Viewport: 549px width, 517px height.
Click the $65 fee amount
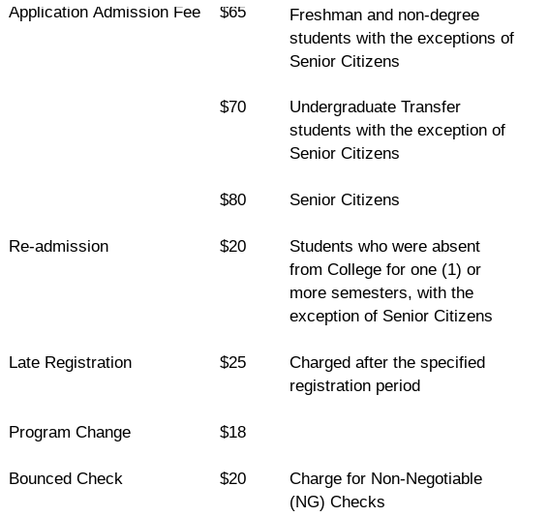(232, 13)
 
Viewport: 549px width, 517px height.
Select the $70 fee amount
(232, 107)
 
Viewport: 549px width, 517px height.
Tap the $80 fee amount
(232, 200)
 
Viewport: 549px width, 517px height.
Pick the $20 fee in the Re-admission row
(232, 247)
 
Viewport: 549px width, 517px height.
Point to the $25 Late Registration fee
(232, 363)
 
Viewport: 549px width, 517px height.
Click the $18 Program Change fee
(232, 433)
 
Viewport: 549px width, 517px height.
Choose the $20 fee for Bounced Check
(232, 479)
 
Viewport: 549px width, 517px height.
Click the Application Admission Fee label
(105, 13)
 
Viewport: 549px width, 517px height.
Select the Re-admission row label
(58, 247)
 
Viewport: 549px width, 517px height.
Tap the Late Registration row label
(70, 363)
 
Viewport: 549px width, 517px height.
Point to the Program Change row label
(70, 433)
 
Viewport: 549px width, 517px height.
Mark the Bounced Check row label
(66, 479)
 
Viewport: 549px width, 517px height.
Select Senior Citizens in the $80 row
(344, 200)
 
